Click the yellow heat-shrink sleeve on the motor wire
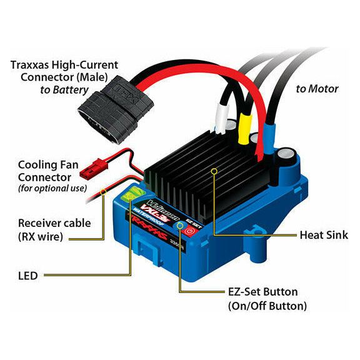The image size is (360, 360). tap(245, 128)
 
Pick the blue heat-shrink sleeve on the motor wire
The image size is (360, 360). tap(269, 137)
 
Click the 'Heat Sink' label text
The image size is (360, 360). tap(324, 235)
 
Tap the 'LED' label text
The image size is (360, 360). tap(27, 276)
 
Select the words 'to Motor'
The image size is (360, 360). tap(317, 89)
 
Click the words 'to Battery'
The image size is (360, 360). tap(64, 90)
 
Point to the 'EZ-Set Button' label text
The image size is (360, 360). tap(263, 292)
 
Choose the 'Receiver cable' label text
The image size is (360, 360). tap(54, 223)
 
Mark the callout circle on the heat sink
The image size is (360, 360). tap(214, 171)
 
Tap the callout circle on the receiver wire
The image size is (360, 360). tap(104, 191)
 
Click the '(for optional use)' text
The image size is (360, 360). tap(52, 188)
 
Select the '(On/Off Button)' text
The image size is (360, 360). tap(267, 306)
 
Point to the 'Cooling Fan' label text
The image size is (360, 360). tap(48, 165)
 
